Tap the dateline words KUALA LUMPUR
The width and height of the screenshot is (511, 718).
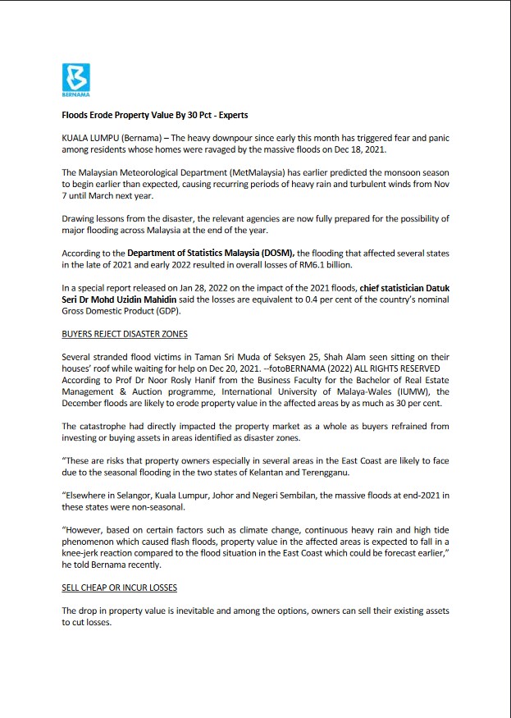90,138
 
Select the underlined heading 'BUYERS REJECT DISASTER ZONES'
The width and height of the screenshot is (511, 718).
125,335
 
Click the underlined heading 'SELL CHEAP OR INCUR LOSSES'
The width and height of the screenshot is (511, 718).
119,588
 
